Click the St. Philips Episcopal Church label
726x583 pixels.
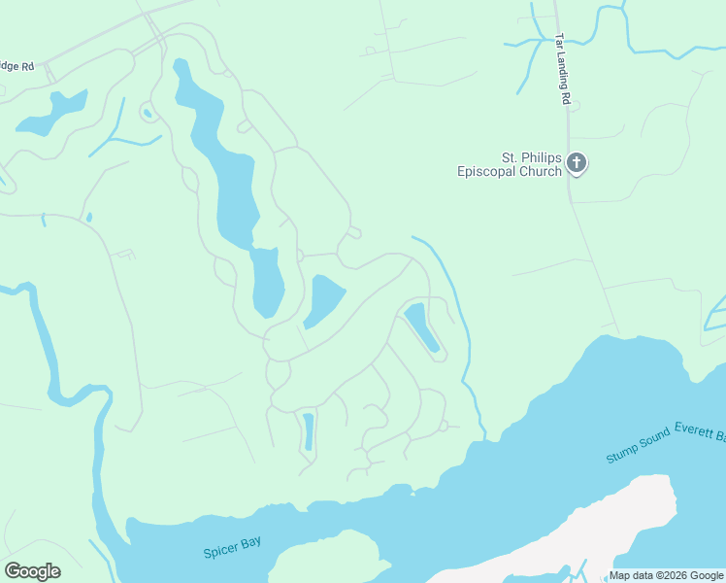(511, 164)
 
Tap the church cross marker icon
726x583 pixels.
(577, 163)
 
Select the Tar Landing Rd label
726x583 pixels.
(562, 69)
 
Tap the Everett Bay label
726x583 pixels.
(700, 429)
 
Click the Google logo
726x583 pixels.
(32, 570)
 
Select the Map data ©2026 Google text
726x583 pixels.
(666, 575)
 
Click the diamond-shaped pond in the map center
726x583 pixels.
(325, 301)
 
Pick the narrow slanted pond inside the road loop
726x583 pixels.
(422, 326)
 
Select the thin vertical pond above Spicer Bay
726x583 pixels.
(308, 431)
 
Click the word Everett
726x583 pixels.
(693, 429)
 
